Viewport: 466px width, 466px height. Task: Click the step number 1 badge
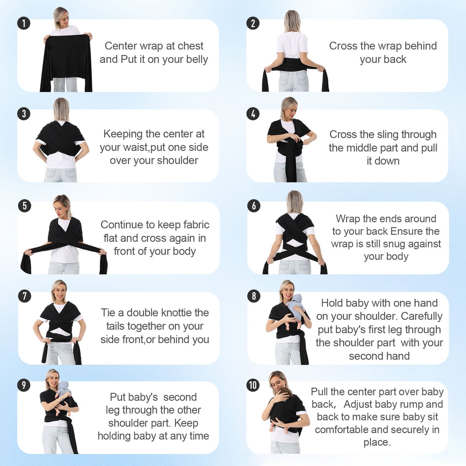click(x=24, y=23)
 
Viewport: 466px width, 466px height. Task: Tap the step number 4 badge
click(x=253, y=114)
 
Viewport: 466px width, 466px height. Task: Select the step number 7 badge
click(x=25, y=296)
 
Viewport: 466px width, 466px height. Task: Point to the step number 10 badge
click(x=253, y=385)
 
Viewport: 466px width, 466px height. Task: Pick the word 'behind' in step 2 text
click(x=421, y=46)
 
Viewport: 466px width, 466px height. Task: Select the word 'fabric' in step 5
click(x=196, y=225)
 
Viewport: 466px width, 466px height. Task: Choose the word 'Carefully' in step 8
click(x=421, y=316)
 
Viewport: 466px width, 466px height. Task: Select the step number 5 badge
click(x=25, y=206)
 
